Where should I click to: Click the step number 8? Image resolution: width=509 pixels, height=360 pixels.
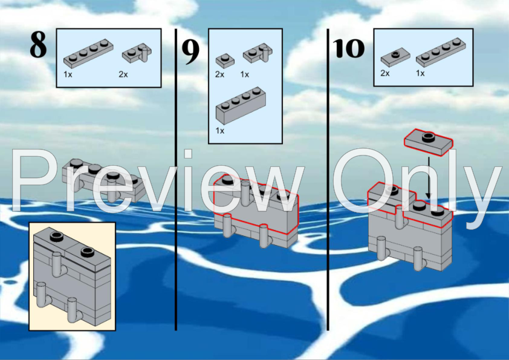pyautogui.click(x=38, y=45)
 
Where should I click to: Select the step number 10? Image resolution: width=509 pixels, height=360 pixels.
pyautogui.click(x=349, y=48)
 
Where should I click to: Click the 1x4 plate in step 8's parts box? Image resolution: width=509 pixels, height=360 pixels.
pyautogui.click(x=88, y=54)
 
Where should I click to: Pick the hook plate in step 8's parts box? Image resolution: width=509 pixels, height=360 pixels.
pyautogui.click(x=137, y=53)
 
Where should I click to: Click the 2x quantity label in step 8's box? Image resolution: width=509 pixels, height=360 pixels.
pyautogui.click(x=123, y=74)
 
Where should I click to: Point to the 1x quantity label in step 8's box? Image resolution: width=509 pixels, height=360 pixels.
pyautogui.click(x=68, y=74)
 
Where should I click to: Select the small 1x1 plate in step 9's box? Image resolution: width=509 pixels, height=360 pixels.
pyautogui.click(x=225, y=61)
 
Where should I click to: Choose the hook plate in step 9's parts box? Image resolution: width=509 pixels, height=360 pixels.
pyautogui.click(x=258, y=53)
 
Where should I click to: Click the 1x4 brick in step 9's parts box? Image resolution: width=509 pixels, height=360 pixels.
pyautogui.click(x=241, y=105)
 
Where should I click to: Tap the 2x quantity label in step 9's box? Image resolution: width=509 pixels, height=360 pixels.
pyautogui.click(x=220, y=74)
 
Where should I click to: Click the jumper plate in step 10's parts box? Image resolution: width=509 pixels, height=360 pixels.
pyautogui.click(x=395, y=57)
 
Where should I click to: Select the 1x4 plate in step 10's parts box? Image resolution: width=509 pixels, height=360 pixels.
pyautogui.click(x=441, y=52)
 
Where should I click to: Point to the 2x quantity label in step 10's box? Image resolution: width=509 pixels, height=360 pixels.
pyautogui.click(x=385, y=73)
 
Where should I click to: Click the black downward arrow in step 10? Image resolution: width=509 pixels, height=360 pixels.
pyautogui.click(x=429, y=178)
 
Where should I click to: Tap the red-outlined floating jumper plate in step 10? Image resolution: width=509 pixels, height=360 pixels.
pyautogui.click(x=428, y=142)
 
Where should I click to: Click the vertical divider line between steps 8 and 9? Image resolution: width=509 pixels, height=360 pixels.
pyautogui.click(x=176, y=180)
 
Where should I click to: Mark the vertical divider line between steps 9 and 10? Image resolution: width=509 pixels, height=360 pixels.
pyautogui.click(x=328, y=180)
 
